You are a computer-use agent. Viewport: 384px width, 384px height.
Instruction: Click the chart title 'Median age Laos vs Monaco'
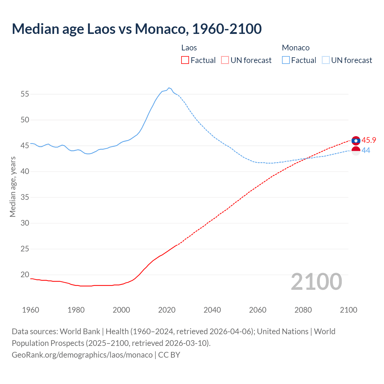[136, 29]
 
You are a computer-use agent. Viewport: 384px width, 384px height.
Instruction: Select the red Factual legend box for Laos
[185, 60]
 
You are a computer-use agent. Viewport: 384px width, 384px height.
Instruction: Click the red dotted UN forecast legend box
[225, 60]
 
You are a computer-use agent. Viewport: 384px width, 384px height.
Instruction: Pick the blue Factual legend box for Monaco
[286, 60]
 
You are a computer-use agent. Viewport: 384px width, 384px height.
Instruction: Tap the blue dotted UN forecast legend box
[325, 60]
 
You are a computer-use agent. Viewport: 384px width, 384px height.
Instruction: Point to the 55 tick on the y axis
[25, 94]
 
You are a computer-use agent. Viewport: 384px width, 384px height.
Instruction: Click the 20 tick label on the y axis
[25, 275]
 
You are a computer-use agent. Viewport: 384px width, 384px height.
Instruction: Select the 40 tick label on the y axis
[25, 172]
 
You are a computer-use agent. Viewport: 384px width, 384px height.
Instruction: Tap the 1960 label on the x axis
[31, 310]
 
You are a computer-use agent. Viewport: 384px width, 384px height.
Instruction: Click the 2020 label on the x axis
[167, 310]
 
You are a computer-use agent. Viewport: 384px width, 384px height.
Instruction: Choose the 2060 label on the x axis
[258, 310]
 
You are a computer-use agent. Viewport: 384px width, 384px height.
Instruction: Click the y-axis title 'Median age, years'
[13, 187]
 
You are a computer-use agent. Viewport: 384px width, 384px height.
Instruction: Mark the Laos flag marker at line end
[356, 140]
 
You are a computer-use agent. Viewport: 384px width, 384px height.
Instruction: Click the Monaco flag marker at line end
[356, 151]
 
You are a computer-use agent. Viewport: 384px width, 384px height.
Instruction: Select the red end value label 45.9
[369, 140]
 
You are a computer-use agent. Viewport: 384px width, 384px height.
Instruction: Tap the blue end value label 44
[366, 151]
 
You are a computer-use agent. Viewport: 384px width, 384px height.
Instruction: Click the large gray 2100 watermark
[316, 281]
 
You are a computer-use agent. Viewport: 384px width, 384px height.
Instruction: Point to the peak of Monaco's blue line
[169, 88]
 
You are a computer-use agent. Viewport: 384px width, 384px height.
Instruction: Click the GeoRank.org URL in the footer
[82, 355]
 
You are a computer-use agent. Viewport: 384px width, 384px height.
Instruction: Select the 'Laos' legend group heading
[189, 48]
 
